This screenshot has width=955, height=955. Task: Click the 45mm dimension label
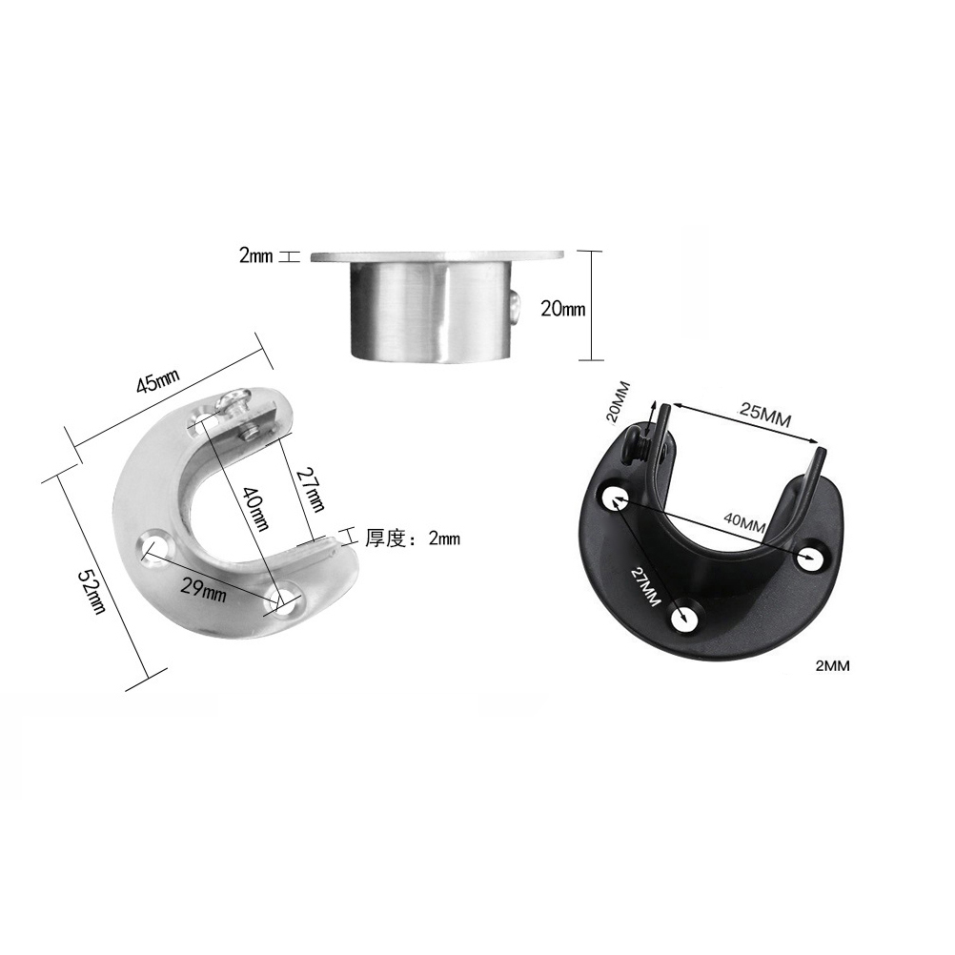click(158, 381)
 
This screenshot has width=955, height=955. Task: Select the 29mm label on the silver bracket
click(204, 590)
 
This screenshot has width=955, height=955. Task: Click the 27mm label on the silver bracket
click(310, 489)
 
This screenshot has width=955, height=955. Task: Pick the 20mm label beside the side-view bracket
click(562, 309)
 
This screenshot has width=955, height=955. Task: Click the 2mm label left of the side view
click(255, 256)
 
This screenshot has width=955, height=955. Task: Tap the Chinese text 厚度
click(385, 538)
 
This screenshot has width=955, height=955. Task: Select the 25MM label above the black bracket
click(765, 416)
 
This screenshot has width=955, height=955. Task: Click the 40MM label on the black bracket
click(744, 522)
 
